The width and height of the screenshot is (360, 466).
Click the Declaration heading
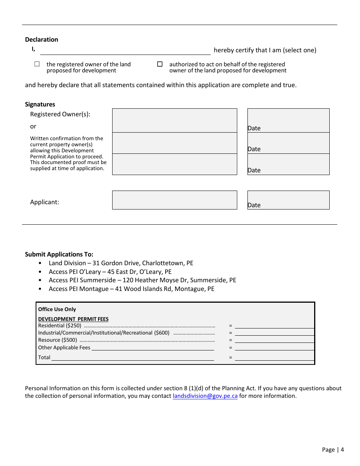coord(42,40)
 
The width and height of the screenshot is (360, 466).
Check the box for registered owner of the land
coord(37,64)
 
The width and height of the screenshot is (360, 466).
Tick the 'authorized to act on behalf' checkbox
coord(160,64)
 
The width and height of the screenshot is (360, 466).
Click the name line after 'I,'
coord(125,51)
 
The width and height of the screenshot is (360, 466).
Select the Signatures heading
coord(40,105)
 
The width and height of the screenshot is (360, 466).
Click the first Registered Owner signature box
coord(174,120)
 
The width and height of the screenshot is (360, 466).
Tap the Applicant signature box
coord(174,200)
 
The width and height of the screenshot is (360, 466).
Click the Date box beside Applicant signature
coord(288,200)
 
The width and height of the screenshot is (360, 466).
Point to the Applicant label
coord(45,202)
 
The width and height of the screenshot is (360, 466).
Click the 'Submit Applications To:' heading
coord(59,255)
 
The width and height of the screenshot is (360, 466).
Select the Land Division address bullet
coord(121,263)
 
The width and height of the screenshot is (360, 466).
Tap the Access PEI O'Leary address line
coord(110,272)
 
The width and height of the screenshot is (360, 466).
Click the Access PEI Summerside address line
coord(142,280)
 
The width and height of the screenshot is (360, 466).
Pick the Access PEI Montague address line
coord(131,289)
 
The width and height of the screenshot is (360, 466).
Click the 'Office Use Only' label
coord(57,310)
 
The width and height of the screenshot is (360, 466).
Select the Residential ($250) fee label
coord(60,326)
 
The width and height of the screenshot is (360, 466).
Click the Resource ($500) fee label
coord(58,340)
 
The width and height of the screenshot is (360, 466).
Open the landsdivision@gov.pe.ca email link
coord(205,396)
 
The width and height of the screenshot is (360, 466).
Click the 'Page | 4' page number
coord(333,450)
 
